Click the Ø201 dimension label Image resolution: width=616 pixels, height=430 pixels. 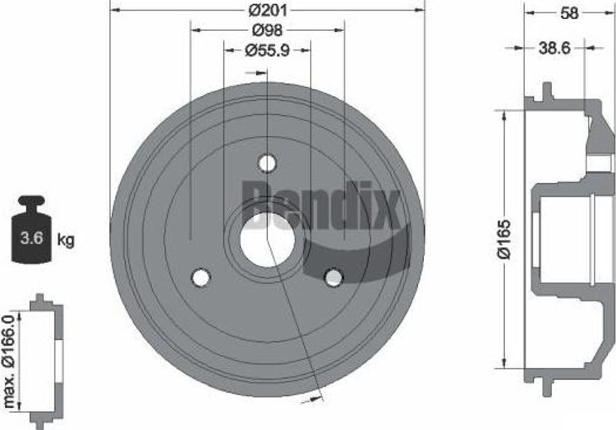pyautogui.click(x=268, y=11)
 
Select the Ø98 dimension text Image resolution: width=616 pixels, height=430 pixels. pyautogui.click(x=267, y=30)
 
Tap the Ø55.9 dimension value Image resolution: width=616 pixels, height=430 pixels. pyautogui.click(x=266, y=50)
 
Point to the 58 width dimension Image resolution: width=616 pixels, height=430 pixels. pyautogui.click(x=570, y=13)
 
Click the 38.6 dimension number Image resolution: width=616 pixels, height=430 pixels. pyautogui.click(x=554, y=48)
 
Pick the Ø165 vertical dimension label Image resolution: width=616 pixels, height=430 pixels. pyautogui.click(x=504, y=240)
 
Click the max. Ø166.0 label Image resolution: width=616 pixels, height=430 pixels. pyautogui.click(x=9, y=361)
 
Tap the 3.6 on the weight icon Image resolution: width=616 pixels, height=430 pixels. pyautogui.click(x=31, y=237)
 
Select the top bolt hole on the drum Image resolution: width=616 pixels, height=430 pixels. pyautogui.click(x=267, y=162)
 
